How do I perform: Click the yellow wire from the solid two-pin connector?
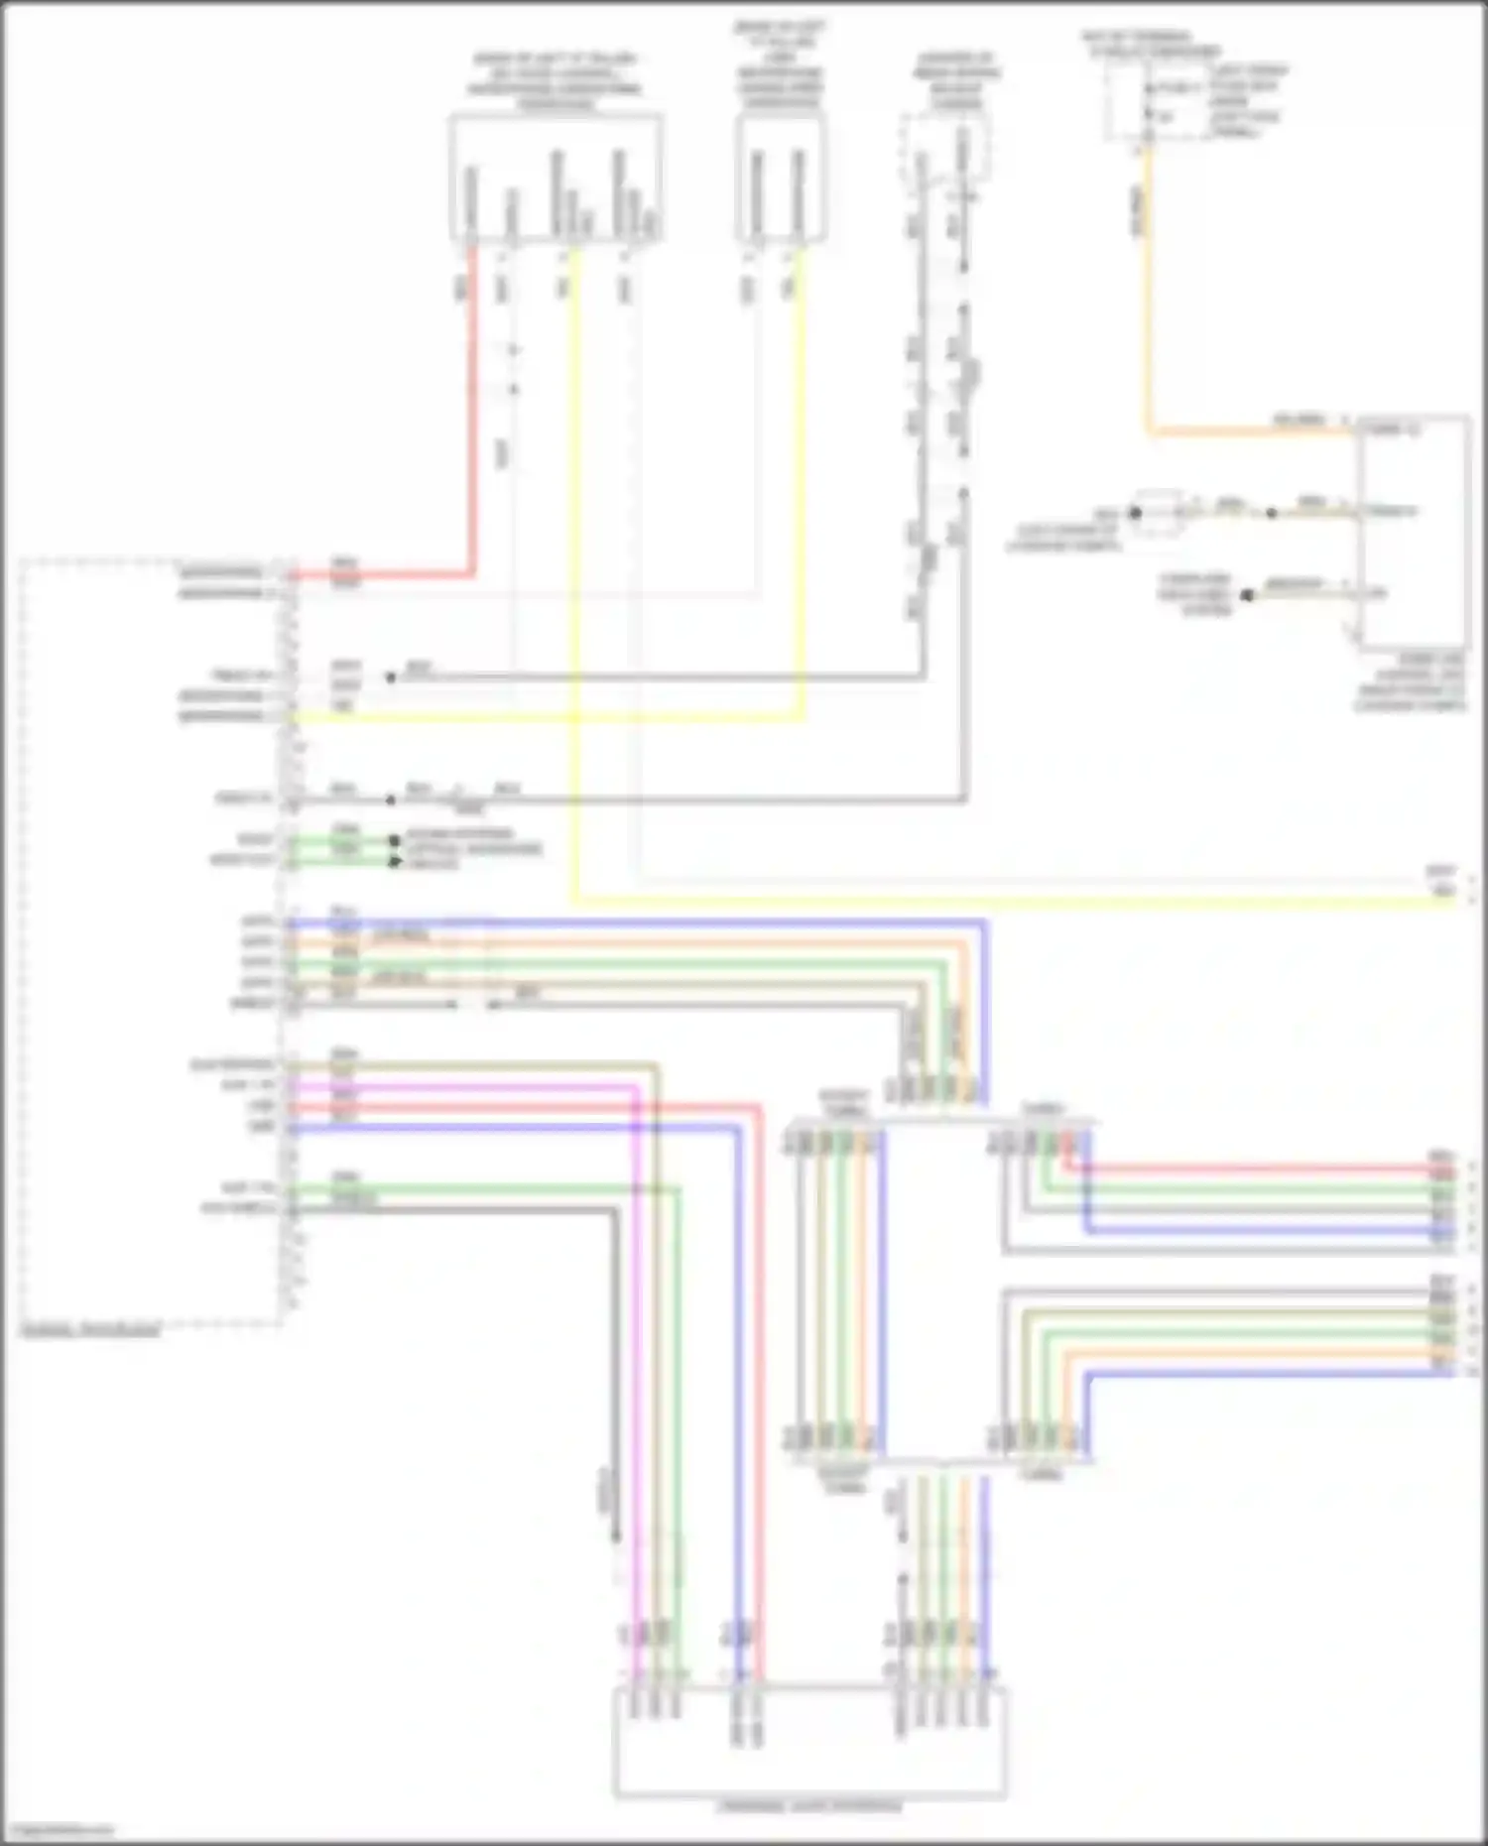802,496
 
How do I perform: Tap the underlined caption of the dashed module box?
90,1330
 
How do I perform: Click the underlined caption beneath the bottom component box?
809,1806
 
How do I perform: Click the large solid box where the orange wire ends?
1415,531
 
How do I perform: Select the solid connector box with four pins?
556,179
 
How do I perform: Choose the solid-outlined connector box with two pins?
781,179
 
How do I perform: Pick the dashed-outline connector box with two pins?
944,149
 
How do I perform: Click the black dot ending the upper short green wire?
395,840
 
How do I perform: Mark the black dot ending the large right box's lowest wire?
1247,595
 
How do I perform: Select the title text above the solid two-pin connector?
781,64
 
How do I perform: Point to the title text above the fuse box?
1151,44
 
